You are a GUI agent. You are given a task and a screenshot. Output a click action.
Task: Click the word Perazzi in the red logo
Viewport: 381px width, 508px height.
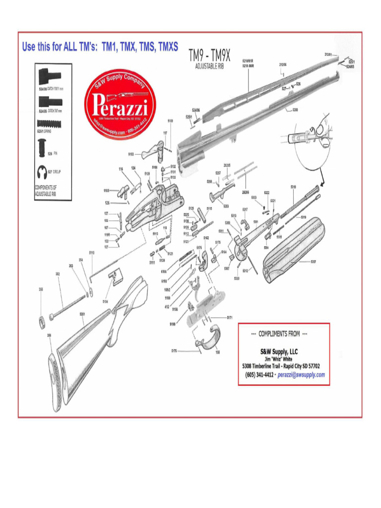[119, 105]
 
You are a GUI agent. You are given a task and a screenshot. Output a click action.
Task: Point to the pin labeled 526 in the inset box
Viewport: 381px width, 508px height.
[42, 147]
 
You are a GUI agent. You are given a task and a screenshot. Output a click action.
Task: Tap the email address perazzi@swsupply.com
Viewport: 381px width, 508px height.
[301, 375]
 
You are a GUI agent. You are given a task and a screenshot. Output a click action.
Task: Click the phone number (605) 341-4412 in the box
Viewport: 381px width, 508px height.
[259, 375]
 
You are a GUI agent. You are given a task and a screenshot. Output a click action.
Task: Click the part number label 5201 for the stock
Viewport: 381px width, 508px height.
[82, 314]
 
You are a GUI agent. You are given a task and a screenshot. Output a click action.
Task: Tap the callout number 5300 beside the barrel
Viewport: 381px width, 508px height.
[295, 110]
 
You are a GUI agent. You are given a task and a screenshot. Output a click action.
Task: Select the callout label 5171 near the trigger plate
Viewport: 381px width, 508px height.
[230, 317]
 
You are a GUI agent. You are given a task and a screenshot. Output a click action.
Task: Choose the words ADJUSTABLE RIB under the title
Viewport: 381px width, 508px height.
[206, 66]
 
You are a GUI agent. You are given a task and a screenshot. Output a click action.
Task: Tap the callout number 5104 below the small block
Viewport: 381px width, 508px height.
[106, 301]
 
